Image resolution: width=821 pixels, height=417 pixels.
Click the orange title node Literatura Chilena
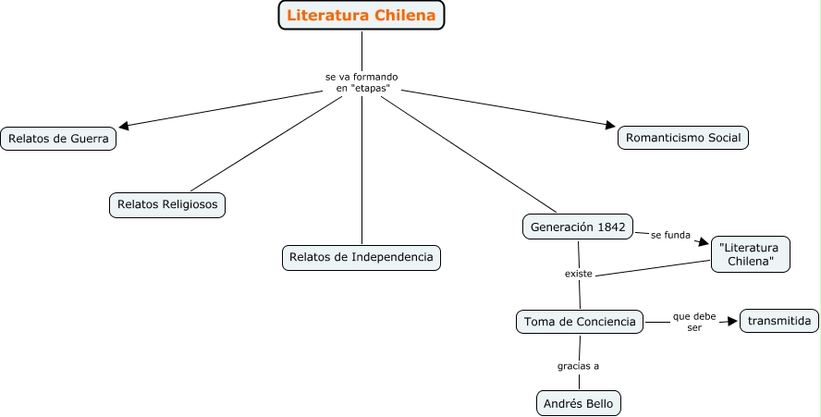tap(361, 15)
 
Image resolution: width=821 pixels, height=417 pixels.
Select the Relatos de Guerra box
tap(58, 140)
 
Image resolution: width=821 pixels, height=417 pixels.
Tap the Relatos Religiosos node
tap(167, 203)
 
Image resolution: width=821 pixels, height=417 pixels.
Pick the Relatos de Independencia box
tap(361, 257)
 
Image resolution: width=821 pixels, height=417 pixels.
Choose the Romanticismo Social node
tap(683, 138)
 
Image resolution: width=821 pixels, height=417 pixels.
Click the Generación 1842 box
tap(579, 227)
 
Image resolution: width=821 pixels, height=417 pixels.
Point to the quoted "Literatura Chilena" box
tap(750, 254)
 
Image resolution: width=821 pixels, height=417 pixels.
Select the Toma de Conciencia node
tap(580, 322)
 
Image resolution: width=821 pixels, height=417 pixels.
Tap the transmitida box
tap(779, 321)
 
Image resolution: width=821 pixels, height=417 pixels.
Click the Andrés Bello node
tap(579, 403)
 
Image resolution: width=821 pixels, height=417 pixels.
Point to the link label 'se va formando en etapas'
tap(361, 81)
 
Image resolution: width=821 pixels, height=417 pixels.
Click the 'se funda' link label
tap(670, 235)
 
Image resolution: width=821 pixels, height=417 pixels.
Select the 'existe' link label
tap(579, 275)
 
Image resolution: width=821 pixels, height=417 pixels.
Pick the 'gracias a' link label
tap(578, 365)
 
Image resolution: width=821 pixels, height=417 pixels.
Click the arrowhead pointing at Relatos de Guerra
tap(126, 127)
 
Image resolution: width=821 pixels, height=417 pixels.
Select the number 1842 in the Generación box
tap(610, 227)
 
